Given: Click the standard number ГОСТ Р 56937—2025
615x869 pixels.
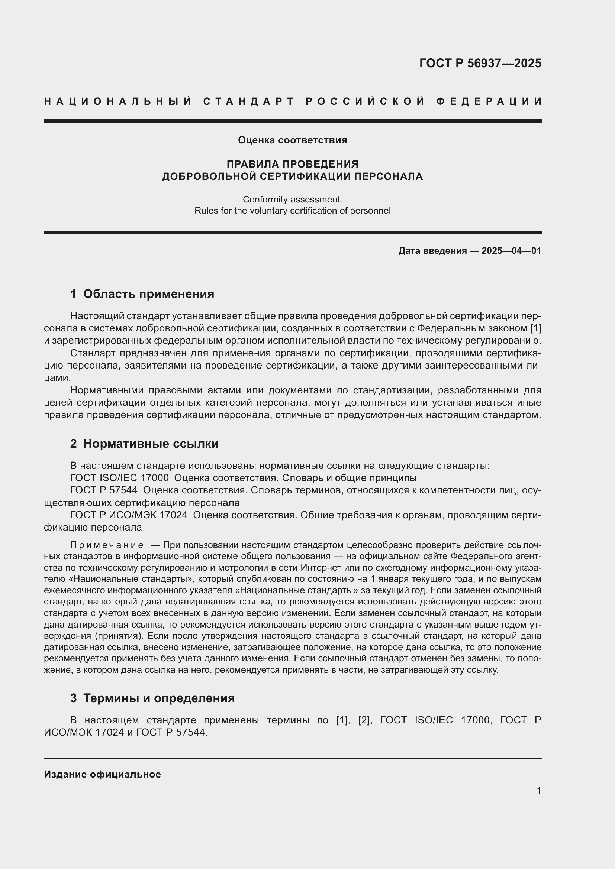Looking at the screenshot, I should point(480,63).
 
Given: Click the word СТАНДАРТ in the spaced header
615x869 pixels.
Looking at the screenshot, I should point(249,101).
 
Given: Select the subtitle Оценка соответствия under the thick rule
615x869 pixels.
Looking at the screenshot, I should point(292,140).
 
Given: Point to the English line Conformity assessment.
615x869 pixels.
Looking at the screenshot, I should point(292,199).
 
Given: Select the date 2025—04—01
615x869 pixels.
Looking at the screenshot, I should point(511,250).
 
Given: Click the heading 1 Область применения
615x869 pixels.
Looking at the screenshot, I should point(142,294).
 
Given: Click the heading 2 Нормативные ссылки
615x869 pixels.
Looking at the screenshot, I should point(144,444).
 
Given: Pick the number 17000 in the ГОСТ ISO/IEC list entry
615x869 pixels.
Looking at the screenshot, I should point(155,478).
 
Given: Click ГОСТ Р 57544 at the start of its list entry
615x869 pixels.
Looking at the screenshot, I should point(104,490).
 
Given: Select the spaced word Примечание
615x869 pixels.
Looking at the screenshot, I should point(107,545).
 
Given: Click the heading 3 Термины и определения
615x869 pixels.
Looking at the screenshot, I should point(152,698).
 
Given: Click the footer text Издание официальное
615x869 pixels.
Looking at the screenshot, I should point(102,774).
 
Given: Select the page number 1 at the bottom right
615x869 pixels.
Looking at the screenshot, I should point(538,790).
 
